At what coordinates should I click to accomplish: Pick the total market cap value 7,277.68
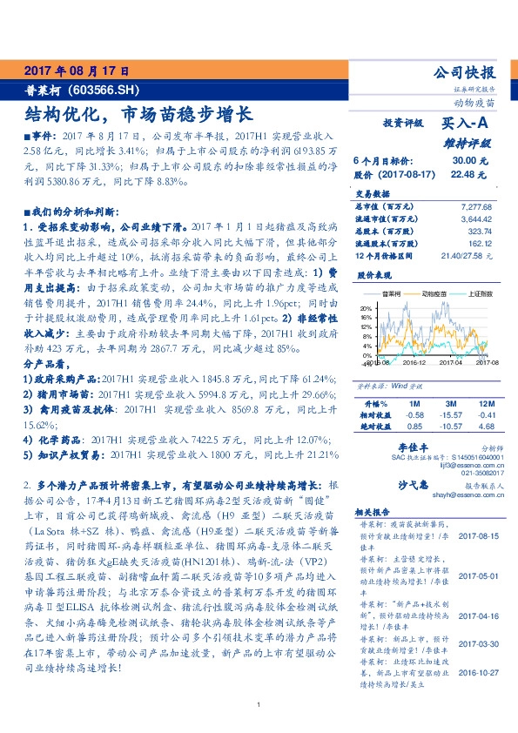pyautogui.click(x=474, y=205)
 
